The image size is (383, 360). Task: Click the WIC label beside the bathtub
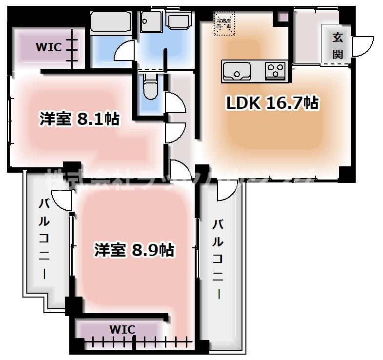[x=48, y=47]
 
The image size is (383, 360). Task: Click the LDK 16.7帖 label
[x=271, y=103]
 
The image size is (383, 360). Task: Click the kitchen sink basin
[x=237, y=71]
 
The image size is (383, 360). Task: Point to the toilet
[x=149, y=88]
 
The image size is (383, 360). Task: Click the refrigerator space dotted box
[x=224, y=23]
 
